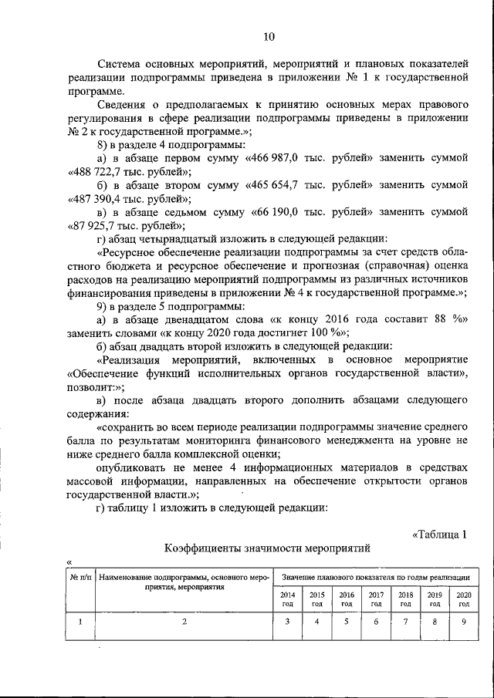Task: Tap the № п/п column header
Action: click(80, 577)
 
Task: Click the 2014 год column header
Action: click(287, 599)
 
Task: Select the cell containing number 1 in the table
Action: click(80, 623)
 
